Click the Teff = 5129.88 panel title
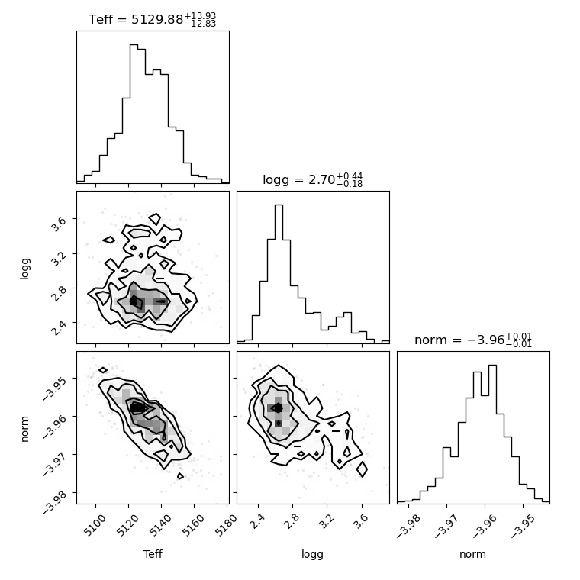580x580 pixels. (x=152, y=19)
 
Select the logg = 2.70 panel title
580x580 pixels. (x=313, y=180)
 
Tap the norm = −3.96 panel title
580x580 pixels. (x=473, y=340)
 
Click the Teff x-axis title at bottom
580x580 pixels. (x=153, y=554)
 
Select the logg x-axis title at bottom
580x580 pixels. (x=313, y=555)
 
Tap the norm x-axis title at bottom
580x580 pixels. (x=472, y=554)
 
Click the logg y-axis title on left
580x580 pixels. (x=24, y=269)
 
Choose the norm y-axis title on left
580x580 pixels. (x=24, y=429)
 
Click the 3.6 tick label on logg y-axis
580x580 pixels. (x=59, y=224)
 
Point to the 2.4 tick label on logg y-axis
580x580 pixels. (x=59, y=327)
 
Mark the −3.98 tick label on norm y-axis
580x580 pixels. (x=56, y=501)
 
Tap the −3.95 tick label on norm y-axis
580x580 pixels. (x=56, y=387)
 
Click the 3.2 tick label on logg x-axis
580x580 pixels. (x=326, y=520)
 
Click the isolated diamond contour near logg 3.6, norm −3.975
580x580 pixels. (x=362, y=469)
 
